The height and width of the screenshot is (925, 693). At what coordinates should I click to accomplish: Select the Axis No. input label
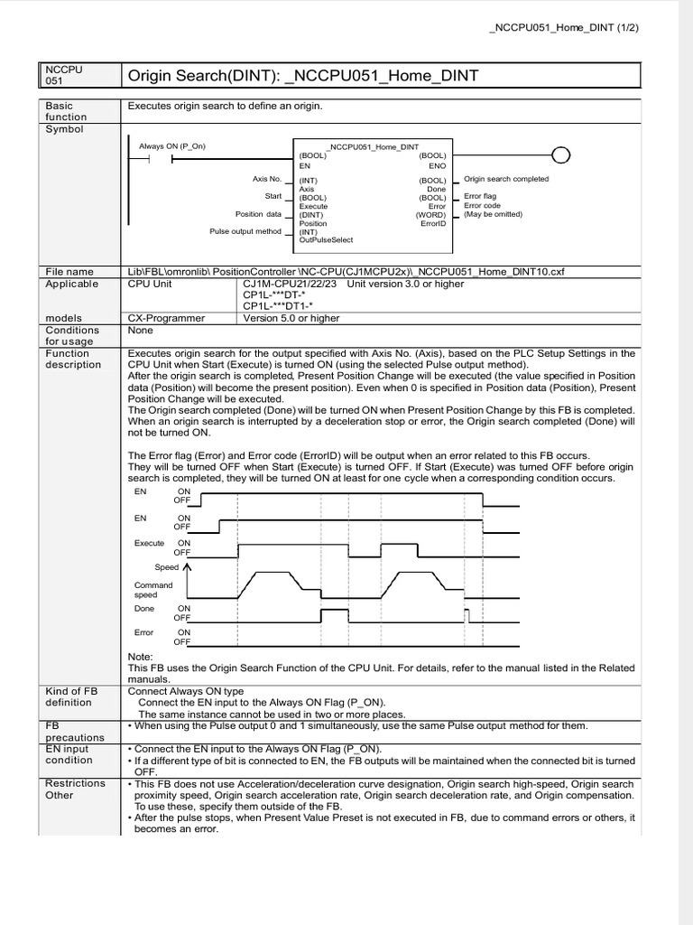coord(267,179)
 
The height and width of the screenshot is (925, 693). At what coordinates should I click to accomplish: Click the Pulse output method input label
coord(245,231)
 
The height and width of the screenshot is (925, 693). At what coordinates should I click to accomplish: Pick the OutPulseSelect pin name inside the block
coord(326,240)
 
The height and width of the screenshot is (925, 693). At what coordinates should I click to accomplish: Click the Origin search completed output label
coord(505,179)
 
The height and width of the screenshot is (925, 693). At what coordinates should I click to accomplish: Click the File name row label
coord(69,271)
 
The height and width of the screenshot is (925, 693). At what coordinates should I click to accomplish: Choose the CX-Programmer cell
coord(166,318)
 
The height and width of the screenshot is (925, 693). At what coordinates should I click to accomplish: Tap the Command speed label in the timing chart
coord(152,590)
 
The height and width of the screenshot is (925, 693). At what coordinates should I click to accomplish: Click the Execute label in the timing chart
coord(149,543)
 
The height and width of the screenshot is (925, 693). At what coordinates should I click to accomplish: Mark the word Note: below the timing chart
coord(141,657)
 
